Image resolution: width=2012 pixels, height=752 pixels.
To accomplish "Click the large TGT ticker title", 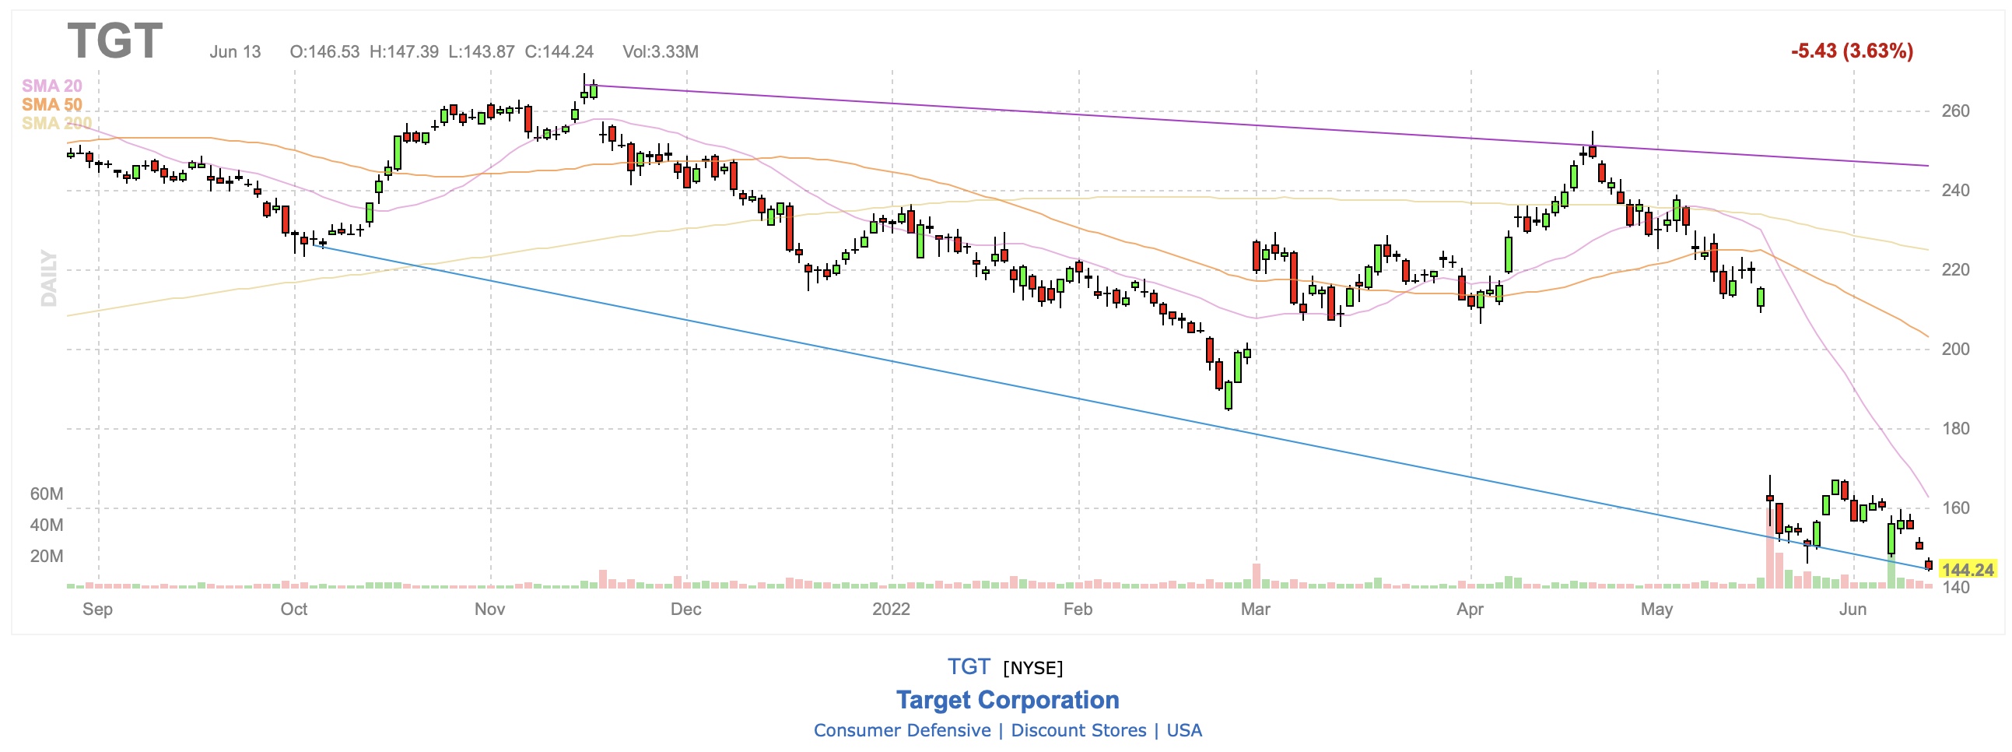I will point(115,40).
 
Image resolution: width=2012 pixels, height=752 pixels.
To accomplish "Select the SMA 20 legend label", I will point(51,86).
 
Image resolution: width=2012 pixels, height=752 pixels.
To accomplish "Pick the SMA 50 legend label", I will point(51,105).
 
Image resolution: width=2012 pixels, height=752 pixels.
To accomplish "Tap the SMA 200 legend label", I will point(56,124).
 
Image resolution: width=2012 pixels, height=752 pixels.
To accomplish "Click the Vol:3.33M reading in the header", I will point(660,51).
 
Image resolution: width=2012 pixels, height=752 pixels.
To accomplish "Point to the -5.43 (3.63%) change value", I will point(1851,51).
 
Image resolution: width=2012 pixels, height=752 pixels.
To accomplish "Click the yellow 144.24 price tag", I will point(1968,570).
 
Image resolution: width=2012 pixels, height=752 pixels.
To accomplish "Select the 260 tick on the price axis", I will point(1955,111).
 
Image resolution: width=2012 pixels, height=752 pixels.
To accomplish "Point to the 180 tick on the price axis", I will point(1955,428).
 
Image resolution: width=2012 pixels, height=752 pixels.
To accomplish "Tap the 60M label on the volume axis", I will point(46,494).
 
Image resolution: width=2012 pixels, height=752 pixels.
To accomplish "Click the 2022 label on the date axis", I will point(890,609).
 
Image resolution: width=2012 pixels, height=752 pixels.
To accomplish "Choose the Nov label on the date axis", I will point(489,609).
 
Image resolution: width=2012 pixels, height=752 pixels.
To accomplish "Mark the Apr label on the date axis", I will point(1469,609).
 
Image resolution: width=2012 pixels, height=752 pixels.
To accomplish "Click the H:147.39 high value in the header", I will point(404,51).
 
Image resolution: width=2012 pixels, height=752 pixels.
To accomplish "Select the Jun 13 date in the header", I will point(235,51).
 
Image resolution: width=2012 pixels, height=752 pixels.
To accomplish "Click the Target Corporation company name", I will point(1007,700).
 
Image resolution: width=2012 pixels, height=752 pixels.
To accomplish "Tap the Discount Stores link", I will point(1078,730).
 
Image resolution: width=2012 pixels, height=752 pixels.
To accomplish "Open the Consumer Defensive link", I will point(902,730).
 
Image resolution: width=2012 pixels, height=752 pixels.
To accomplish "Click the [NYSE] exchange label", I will point(1032,668).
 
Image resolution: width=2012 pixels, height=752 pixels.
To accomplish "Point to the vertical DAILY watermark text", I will point(49,278).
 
